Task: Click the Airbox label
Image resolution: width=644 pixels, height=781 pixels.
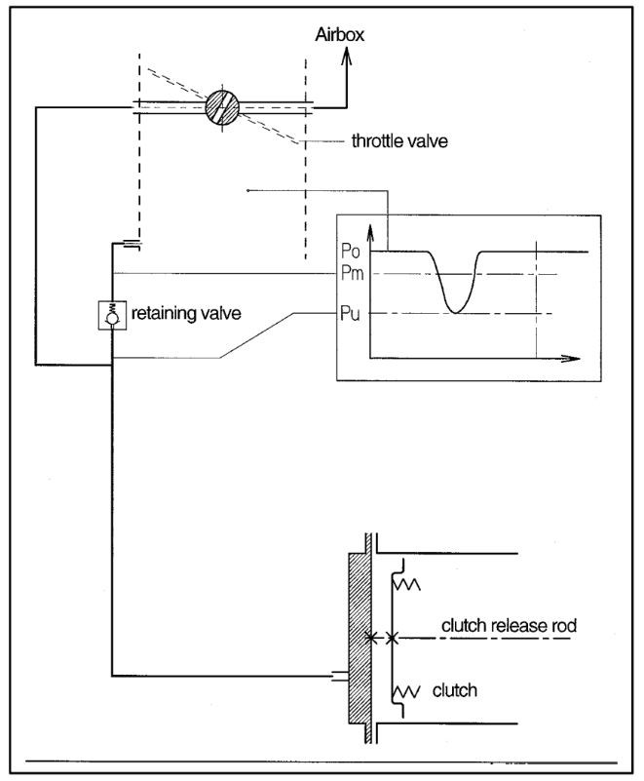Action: click(339, 34)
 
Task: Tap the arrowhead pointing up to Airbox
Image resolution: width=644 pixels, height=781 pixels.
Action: click(347, 57)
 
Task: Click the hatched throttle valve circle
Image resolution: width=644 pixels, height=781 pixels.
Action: click(222, 108)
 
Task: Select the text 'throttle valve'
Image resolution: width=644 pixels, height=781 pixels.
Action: click(399, 141)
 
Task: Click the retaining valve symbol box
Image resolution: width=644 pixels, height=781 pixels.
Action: click(112, 315)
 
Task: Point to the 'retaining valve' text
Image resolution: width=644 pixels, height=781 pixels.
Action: click(186, 313)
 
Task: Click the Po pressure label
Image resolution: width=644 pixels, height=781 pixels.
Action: click(350, 251)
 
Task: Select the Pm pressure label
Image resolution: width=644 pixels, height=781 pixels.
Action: click(352, 273)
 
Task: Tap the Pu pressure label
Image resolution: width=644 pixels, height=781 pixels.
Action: click(350, 314)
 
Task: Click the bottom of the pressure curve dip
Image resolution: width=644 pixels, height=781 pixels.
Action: click(455, 312)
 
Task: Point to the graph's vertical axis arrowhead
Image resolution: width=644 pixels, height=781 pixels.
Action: click(369, 233)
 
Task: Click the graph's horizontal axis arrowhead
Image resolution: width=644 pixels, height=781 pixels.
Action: click(571, 358)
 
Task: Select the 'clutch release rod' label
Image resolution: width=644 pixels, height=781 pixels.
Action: click(509, 626)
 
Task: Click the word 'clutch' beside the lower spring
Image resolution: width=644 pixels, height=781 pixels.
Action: click(454, 690)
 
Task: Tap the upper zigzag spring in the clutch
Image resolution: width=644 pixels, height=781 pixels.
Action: click(407, 584)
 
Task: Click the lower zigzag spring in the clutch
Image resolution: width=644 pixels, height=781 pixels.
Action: click(407, 691)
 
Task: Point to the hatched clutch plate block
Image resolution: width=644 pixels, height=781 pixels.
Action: click(359, 638)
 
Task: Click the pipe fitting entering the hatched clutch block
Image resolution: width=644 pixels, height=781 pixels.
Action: click(339, 676)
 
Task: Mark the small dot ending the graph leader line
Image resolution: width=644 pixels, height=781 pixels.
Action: click(247, 190)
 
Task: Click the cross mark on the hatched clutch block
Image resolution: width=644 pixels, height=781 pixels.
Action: click(371, 638)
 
